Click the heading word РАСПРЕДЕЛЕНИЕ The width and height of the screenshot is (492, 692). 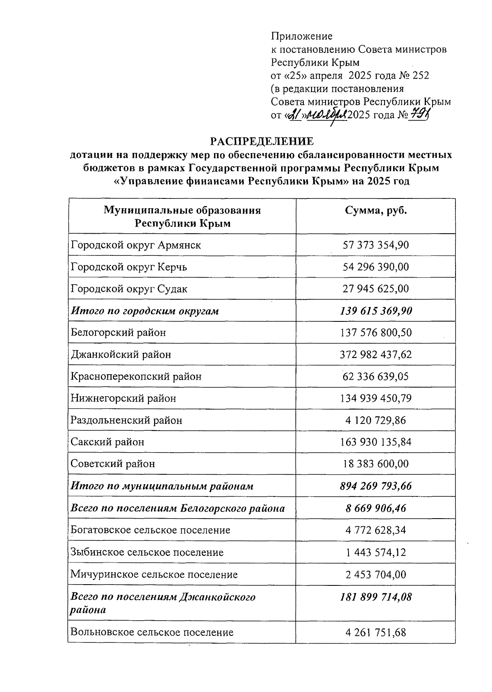[x=262, y=141]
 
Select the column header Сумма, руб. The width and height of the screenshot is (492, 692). [x=376, y=211]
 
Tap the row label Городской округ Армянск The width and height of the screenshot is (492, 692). [x=136, y=245]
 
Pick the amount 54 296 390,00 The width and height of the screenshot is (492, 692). [x=376, y=267]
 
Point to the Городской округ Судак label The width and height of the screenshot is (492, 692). [x=129, y=289]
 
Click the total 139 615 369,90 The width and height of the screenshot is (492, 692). [x=376, y=311]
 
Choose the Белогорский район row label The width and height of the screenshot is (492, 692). [x=118, y=332]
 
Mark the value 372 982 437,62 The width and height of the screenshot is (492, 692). [x=376, y=354]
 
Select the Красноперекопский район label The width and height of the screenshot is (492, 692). [x=136, y=376]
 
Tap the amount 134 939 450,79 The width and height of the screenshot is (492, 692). [x=376, y=398]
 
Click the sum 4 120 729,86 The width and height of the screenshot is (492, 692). [x=376, y=420]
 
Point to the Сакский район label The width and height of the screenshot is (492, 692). [x=107, y=442]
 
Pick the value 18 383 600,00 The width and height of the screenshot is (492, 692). [x=376, y=464]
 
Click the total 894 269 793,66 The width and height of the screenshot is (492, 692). [x=376, y=486]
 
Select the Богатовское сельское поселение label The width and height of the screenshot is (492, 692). [x=150, y=530]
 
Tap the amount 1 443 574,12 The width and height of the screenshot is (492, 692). [x=376, y=552]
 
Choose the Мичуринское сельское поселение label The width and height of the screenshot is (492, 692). [x=154, y=574]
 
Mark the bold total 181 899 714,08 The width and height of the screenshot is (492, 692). [x=376, y=597]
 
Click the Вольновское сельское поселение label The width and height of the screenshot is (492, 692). [x=152, y=632]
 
